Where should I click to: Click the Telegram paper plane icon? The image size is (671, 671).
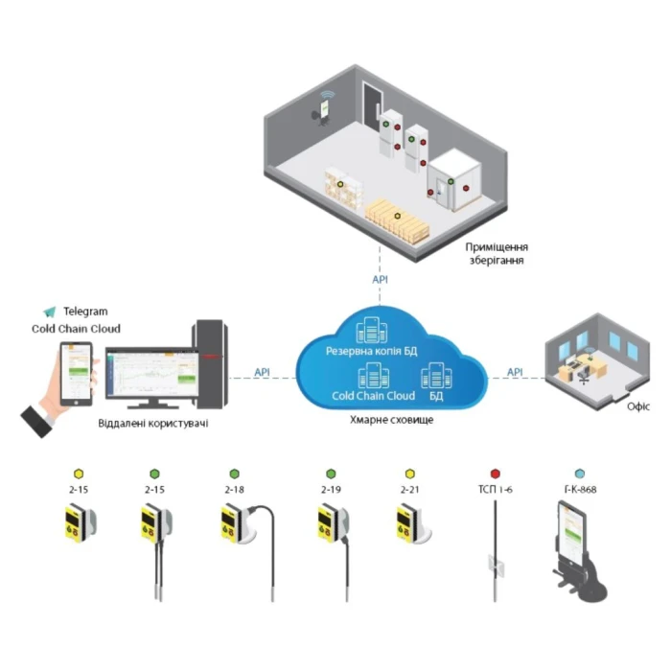click(50, 312)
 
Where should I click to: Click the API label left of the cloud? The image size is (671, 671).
click(262, 371)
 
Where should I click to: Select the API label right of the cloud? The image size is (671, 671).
click(515, 371)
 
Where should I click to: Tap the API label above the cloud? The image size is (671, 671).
click(381, 279)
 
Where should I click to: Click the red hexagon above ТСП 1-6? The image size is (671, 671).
click(496, 474)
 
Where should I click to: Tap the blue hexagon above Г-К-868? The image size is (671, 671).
click(579, 474)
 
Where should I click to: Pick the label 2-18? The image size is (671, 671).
click(234, 490)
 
